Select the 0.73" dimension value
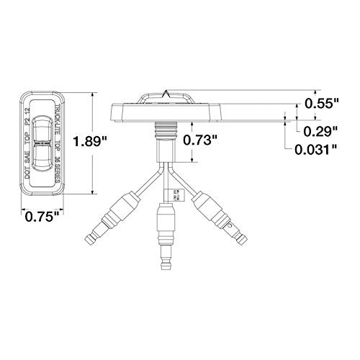click(201, 140)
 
